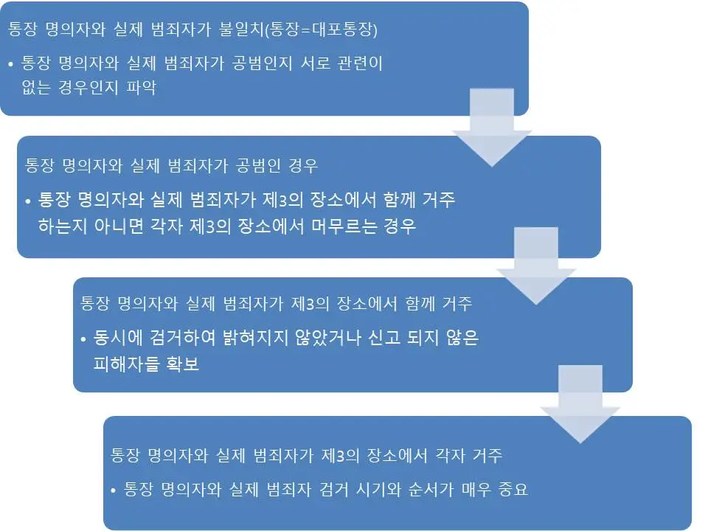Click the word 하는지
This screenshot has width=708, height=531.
pyautogui.click(x=65, y=226)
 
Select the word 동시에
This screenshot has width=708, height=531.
pyautogui.click(x=114, y=339)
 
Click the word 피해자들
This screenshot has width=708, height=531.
pyautogui.click(x=125, y=364)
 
